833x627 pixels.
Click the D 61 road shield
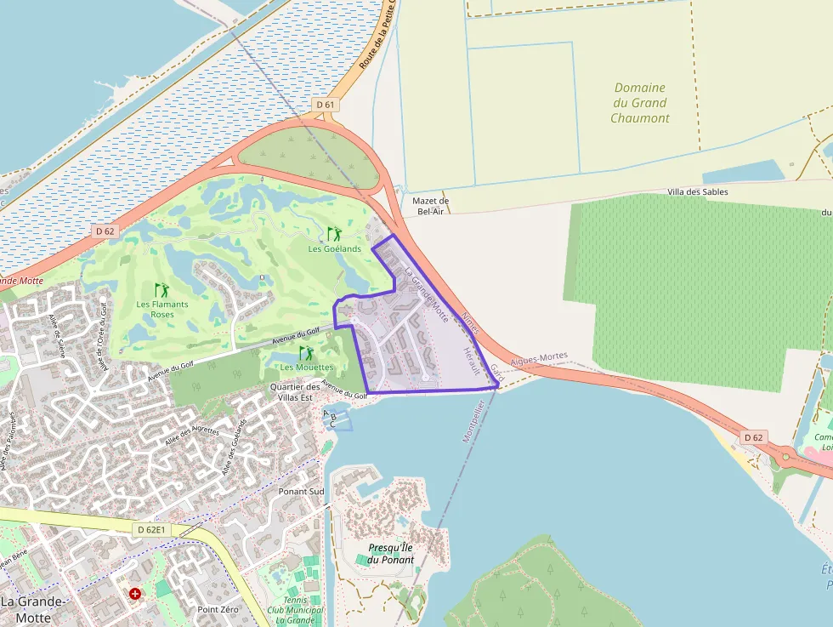[326, 105]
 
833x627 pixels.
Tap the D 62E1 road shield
[154, 529]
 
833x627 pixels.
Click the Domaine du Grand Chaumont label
[640, 103]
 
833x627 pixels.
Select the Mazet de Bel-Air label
[430, 206]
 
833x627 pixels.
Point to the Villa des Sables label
[698, 192]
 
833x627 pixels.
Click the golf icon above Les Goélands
[334, 233]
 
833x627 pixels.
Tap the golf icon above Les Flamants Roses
[161, 290]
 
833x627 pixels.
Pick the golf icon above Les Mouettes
[306, 352]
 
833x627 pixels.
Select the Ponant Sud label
[302, 492]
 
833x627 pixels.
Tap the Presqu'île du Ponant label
[391, 554]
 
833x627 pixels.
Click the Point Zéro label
[218, 609]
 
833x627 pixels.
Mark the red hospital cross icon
[134, 592]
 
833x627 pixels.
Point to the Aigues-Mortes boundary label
[538, 361]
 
